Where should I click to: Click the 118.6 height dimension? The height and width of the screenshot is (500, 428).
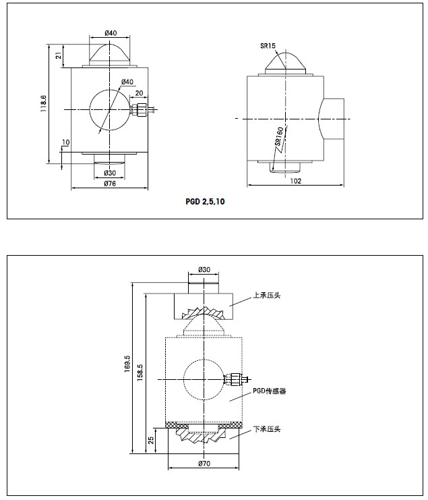tap(43, 105)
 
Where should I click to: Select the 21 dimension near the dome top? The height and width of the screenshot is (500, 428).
tap(59, 56)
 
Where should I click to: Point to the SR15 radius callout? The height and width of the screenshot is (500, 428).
tap(269, 46)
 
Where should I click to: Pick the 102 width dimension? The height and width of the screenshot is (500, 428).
tap(295, 180)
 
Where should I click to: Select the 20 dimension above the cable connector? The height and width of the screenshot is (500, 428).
tap(139, 93)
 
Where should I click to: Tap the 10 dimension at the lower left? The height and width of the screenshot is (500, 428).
tap(65, 142)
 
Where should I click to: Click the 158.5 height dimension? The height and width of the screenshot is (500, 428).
tap(140, 373)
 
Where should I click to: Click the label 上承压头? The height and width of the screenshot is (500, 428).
tap(266, 296)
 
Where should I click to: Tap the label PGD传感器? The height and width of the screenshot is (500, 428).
tap(270, 391)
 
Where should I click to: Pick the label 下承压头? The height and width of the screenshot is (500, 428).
tap(266, 429)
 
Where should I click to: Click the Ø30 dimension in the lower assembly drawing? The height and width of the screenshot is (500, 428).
tap(204, 270)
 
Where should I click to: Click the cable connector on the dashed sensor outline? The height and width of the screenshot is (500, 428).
tap(235, 380)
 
